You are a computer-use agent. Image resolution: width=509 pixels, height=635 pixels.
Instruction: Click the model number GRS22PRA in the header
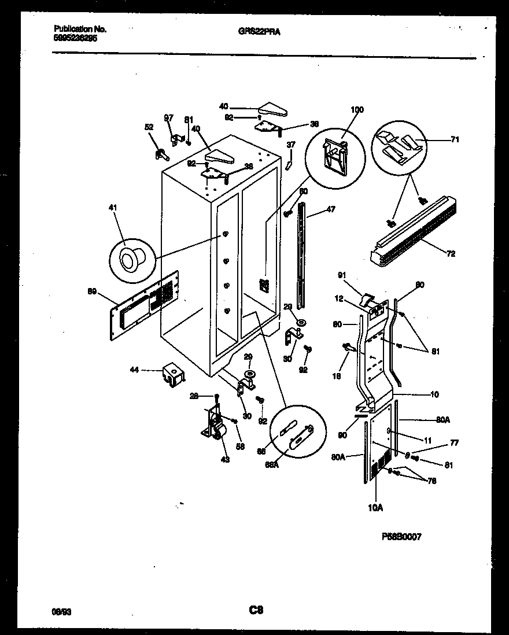pos(259,32)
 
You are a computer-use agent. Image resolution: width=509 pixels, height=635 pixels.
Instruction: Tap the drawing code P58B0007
pos(401,537)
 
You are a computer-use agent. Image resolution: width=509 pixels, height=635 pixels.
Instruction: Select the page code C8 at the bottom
pos(256,609)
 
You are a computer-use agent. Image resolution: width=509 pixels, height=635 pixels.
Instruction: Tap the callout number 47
pos(331,209)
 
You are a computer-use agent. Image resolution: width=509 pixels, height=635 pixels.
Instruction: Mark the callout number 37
pos(292,145)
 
